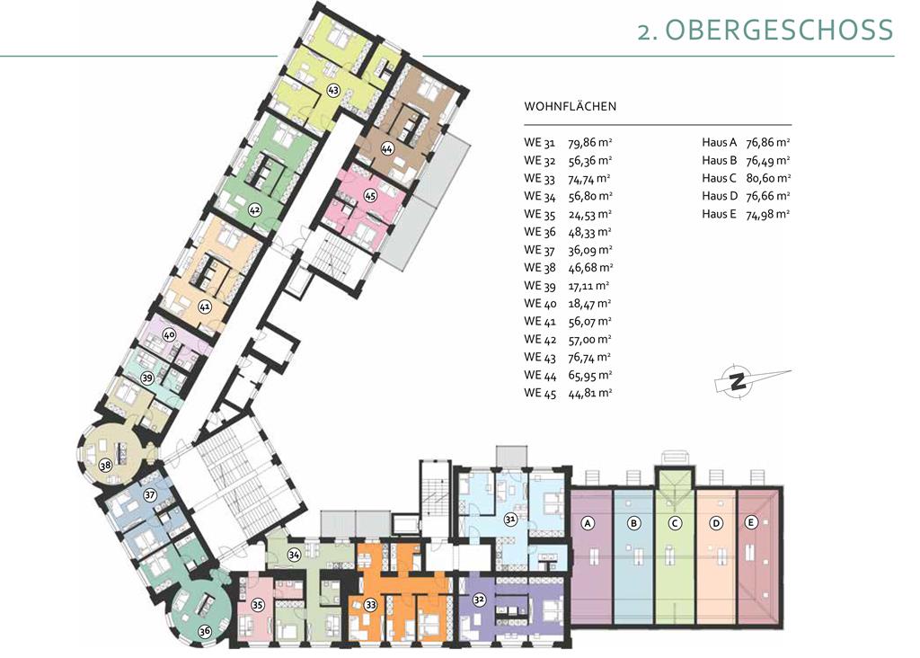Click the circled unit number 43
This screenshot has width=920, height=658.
333,91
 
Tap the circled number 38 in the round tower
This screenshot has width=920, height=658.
105,466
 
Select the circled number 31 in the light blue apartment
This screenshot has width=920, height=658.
510,519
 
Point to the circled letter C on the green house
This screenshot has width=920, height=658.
675,523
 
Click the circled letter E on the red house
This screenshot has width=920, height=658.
750,522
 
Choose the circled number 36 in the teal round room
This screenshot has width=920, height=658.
204,632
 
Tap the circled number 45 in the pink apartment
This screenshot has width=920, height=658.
369,195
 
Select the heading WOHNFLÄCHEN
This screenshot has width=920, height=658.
570,107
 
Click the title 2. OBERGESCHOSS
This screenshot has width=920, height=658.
765,30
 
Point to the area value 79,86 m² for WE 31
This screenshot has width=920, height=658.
590,143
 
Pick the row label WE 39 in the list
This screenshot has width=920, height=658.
540,286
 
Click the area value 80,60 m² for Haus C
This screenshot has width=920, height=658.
768,179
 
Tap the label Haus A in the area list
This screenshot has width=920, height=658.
720,143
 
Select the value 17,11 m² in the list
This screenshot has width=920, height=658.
588,286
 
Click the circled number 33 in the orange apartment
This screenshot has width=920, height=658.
371,605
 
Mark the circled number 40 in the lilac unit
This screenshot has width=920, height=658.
169,335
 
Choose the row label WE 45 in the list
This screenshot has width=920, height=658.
540,394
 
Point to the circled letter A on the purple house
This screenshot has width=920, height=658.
588,523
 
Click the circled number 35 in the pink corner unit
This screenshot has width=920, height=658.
257,605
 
